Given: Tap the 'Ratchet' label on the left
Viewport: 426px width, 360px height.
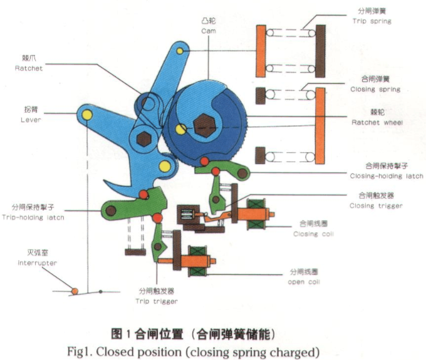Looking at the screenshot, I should [29, 69].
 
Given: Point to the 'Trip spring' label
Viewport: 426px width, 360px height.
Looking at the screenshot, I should [372, 21].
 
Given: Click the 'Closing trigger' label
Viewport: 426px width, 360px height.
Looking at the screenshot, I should [376, 205].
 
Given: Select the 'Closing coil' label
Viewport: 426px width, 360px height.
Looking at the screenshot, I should [314, 234].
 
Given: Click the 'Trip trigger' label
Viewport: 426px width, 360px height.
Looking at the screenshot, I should [157, 302].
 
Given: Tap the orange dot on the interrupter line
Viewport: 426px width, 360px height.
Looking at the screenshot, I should [75, 291].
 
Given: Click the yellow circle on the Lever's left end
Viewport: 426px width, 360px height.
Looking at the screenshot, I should [86, 115].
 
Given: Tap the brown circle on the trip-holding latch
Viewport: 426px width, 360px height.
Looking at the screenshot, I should [111, 211].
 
